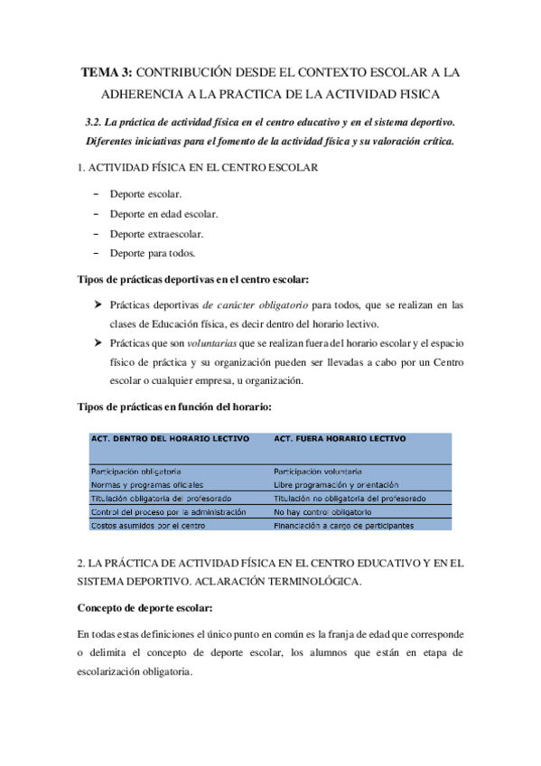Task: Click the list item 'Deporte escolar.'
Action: (x=145, y=194)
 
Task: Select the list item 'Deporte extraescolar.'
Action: (x=154, y=233)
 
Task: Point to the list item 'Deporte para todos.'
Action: (x=152, y=253)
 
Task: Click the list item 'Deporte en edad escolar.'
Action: (x=163, y=214)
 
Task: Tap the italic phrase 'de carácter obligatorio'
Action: (x=255, y=305)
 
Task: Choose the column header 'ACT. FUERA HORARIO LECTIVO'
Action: (x=339, y=438)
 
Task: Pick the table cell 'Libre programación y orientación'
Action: (x=334, y=485)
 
